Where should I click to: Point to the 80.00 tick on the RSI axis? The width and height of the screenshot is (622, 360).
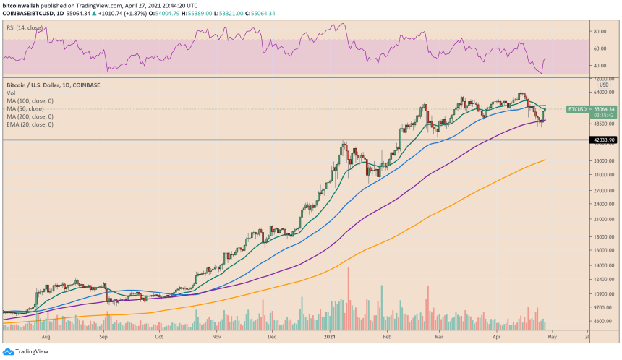click(x=599, y=32)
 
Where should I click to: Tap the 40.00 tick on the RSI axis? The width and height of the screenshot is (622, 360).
click(x=599, y=66)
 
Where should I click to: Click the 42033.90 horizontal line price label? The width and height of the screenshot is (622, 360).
click(x=601, y=140)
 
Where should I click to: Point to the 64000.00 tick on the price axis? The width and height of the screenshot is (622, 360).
click(x=602, y=93)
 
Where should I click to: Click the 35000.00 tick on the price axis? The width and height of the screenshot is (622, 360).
click(x=602, y=161)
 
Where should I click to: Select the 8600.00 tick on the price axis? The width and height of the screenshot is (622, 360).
click(x=601, y=321)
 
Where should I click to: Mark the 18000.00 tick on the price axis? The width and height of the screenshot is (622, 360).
click(x=602, y=236)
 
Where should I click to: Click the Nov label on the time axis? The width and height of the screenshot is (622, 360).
click(x=216, y=336)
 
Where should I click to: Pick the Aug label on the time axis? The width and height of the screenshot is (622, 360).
click(x=46, y=336)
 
